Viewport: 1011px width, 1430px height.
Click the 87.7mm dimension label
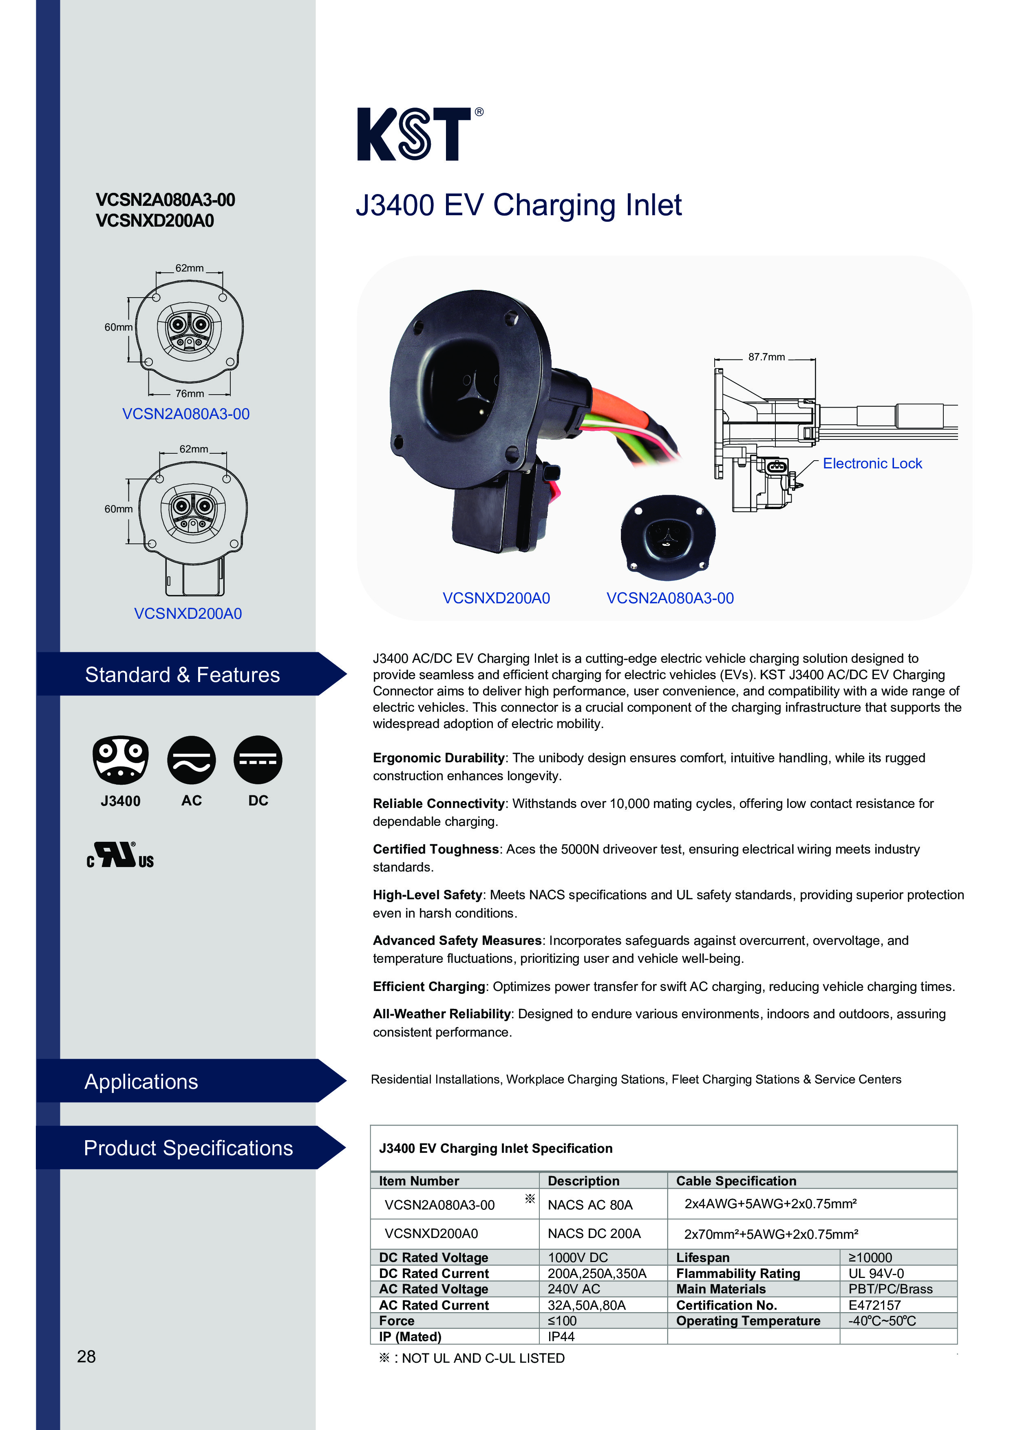coord(766,357)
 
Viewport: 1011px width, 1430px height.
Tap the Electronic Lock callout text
coord(872,463)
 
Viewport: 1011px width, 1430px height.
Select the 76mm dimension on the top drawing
coord(190,394)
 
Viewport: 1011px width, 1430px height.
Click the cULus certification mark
coord(120,855)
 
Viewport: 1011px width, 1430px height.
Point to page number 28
coord(86,1357)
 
